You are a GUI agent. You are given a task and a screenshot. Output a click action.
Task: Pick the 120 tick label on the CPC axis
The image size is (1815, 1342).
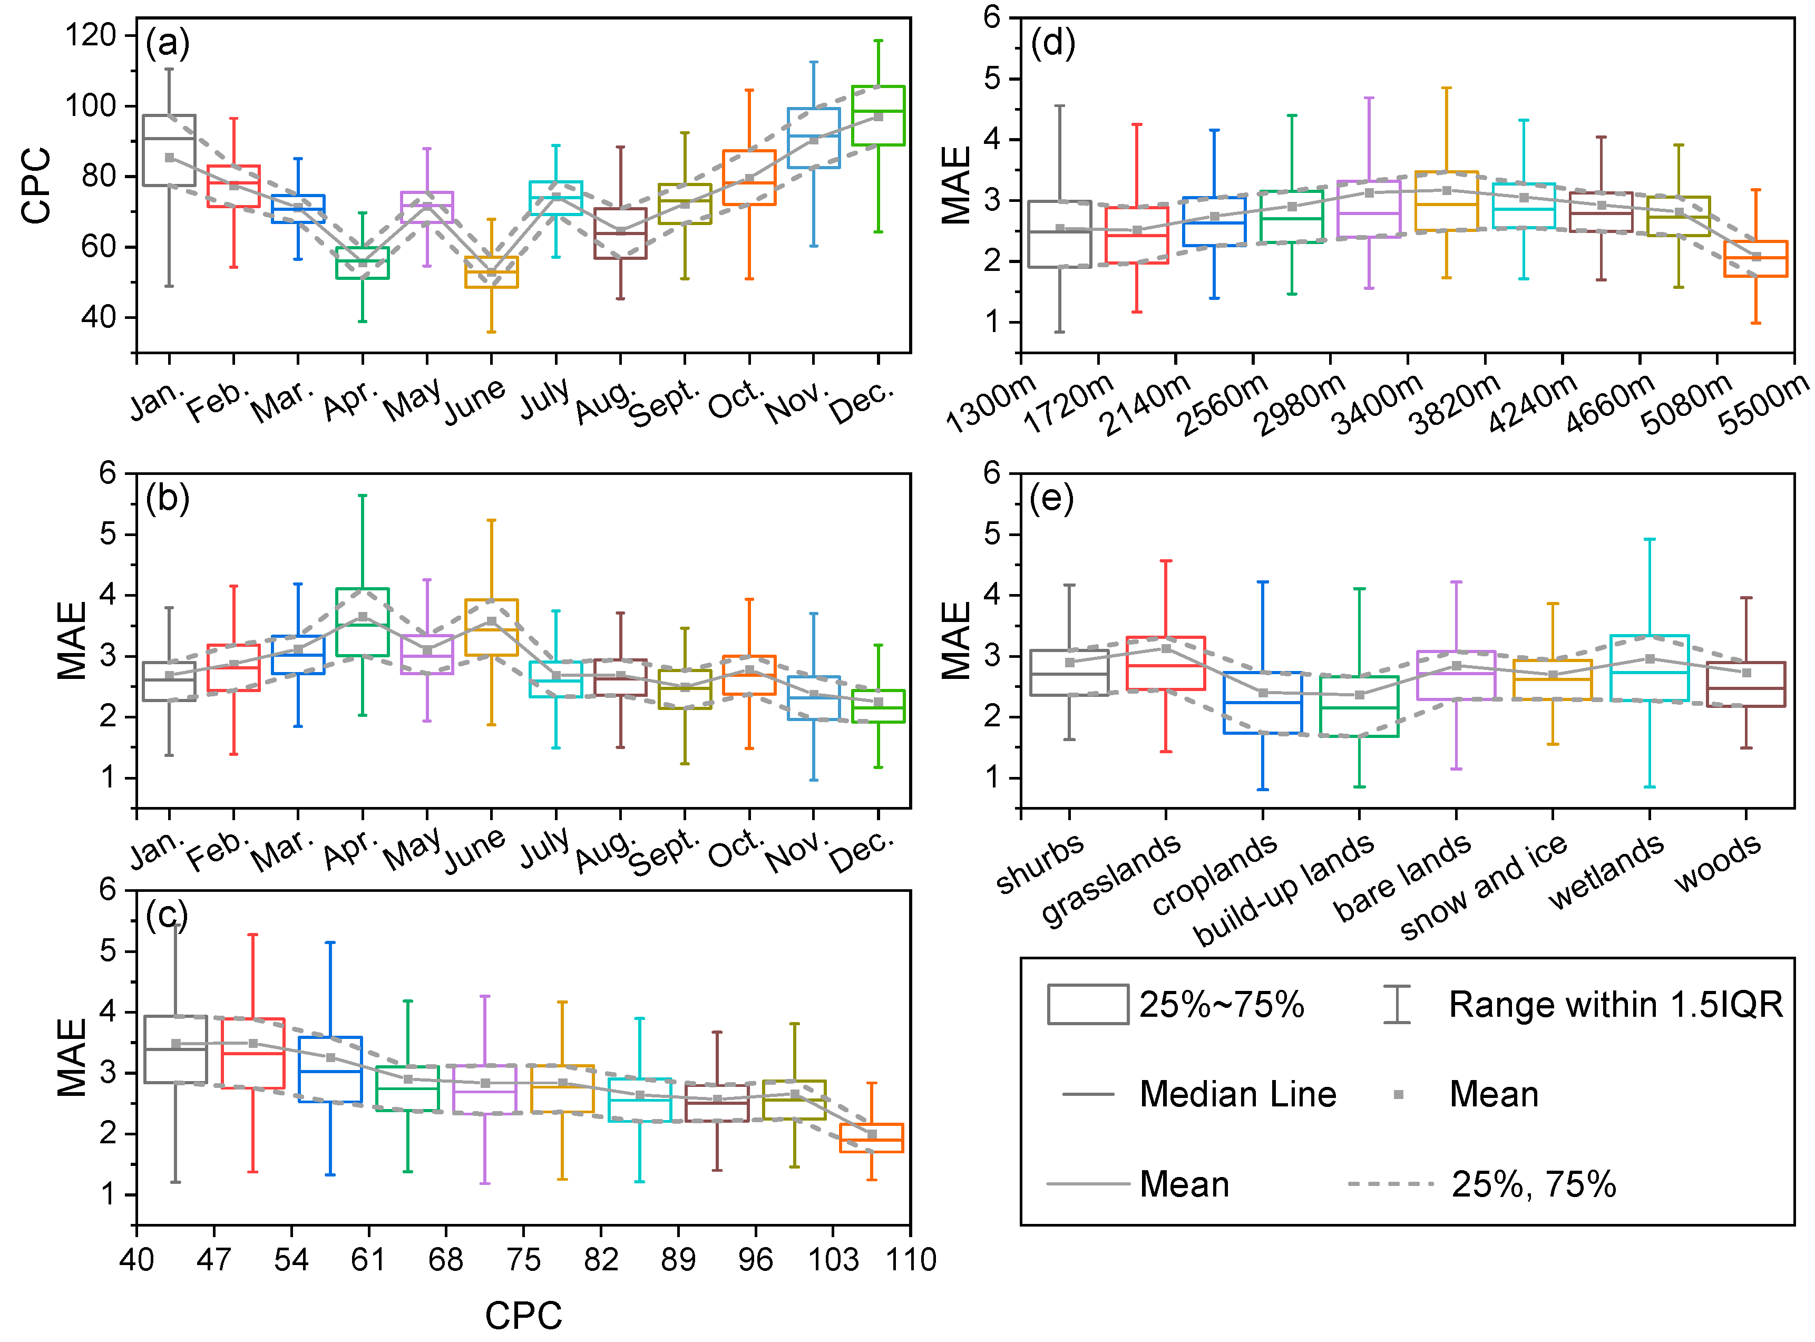click(x=91, y=35)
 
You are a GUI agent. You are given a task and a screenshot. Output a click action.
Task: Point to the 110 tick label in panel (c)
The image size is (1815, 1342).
click(x=910, y=1260)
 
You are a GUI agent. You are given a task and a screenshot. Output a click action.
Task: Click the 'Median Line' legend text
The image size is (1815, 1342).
click(x=1237, y=1094)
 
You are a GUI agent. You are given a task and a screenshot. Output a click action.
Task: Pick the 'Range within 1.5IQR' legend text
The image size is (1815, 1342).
click(x=1616, y=1005)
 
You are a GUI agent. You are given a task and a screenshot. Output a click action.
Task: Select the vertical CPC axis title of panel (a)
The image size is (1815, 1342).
click(x=36, y=186)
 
